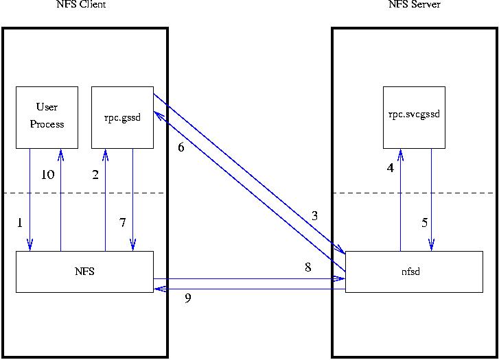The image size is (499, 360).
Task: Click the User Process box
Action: (47, 117)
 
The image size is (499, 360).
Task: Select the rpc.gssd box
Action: (122, 117)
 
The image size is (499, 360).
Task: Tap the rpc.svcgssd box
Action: (414, 117)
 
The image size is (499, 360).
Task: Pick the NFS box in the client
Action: (84, 272)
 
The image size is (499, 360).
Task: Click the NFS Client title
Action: (81, 5)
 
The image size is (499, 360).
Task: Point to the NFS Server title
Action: (414, 5)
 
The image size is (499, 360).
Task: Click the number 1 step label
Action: (20, 223)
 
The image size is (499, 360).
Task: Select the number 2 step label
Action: (96, 175)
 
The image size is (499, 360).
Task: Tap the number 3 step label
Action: (314, 216)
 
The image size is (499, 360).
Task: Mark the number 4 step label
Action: (390, 168)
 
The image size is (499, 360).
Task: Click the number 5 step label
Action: (425, 223)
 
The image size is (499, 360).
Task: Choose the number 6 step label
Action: (181, 147)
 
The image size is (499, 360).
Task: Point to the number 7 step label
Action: (123, 223)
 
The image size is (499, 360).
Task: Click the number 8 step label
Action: (307, 267)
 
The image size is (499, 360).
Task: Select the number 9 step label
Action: (187, 299)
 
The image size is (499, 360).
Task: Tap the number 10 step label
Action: (47, 175)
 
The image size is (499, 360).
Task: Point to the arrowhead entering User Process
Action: (61, 153)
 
